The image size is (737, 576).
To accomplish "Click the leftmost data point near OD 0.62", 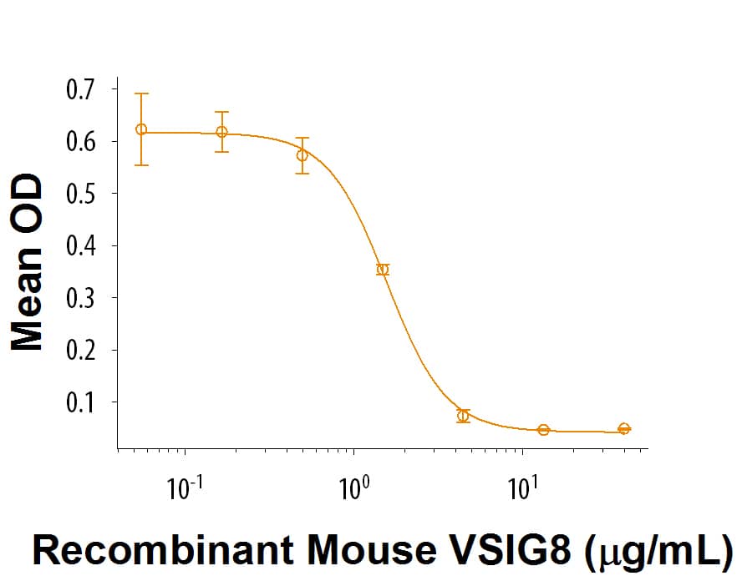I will point(141,129).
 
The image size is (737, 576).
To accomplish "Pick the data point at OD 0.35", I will point(383,270).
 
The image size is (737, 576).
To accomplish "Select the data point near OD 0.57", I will point(302,155).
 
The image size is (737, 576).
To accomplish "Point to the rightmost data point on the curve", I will point(624,428).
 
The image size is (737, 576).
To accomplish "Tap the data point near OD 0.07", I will point(463,416).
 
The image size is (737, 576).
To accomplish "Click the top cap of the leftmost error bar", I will point(141,93).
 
